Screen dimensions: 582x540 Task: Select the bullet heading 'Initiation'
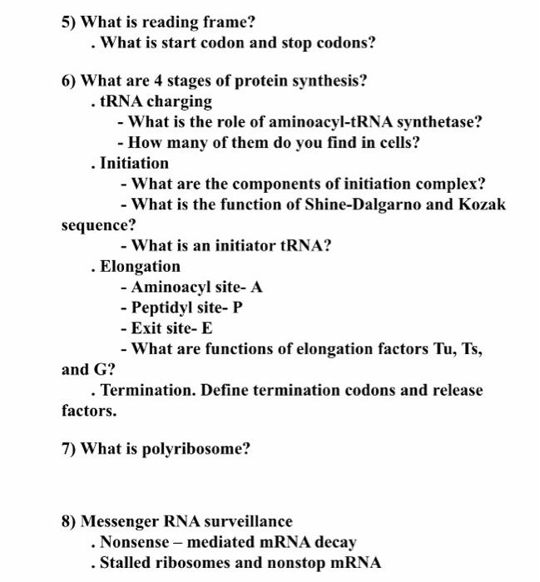point(134,163)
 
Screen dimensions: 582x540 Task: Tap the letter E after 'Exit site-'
point(207,328)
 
